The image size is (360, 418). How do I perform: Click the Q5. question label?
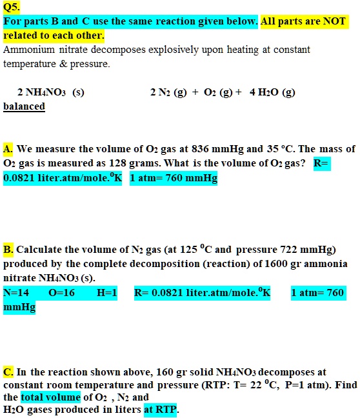click(x=12, y=8)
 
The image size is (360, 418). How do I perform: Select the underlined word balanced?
click(x=24, y=106)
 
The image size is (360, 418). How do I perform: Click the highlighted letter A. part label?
click(x=8, y=149)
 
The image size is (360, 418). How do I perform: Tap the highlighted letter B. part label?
click(x=8, y=250)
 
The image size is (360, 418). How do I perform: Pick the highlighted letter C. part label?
click(x=8, y=372)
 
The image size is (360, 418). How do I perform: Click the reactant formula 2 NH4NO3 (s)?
click(x=50, y=92)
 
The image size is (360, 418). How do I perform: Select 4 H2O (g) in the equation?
click(x=272, y=92)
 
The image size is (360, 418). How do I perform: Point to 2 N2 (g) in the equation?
click(x=169, y=92)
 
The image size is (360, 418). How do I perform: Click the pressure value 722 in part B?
click(x=290, y=250)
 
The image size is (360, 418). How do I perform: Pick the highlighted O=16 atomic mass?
click(x=62, y=293)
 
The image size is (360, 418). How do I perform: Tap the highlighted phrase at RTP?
click(x=161, y=410)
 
